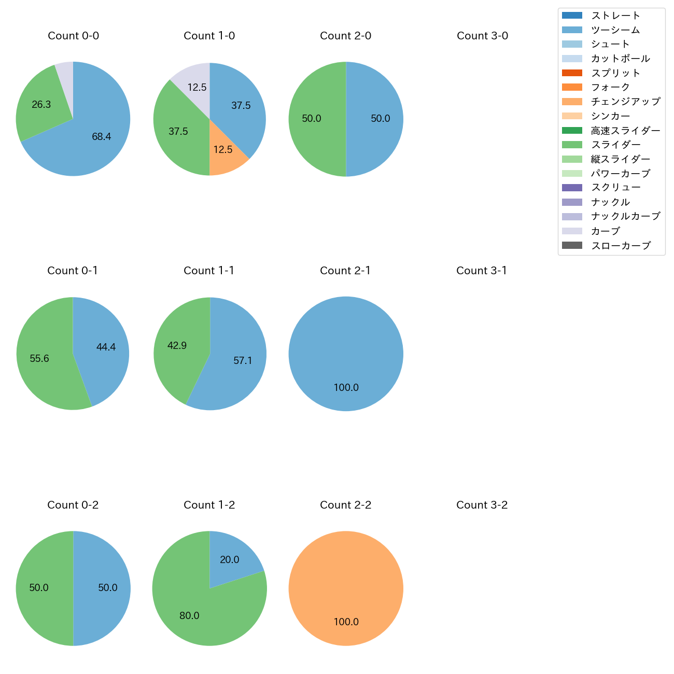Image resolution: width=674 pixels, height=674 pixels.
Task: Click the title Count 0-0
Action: click(x=73, y=36)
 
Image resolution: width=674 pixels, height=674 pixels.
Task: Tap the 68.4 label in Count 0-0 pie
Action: click(x=102, y=137)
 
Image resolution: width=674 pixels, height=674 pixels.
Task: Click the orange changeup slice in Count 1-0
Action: click(x=224, y=156)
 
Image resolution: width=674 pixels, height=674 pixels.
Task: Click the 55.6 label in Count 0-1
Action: click(x=39, y=359)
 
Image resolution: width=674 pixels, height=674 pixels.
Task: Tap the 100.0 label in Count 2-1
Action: click(x=346, y=388)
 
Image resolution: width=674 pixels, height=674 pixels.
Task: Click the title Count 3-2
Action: click(x=482, y=505)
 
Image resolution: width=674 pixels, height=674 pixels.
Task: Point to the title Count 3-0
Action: click(x=482, y=36)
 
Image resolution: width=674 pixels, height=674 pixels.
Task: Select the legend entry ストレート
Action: click(x=615, y=16)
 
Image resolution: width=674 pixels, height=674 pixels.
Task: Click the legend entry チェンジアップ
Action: click(x=625, y=102)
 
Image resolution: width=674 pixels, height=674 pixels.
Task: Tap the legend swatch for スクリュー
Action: click(x=572, y=188)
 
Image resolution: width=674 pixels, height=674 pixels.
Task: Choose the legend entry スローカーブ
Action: click(x=621, y=246)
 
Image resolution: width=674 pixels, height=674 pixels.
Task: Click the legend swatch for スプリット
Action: click(x=572, y=73)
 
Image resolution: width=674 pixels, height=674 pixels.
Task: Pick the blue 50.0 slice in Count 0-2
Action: click(x=104, y=588)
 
